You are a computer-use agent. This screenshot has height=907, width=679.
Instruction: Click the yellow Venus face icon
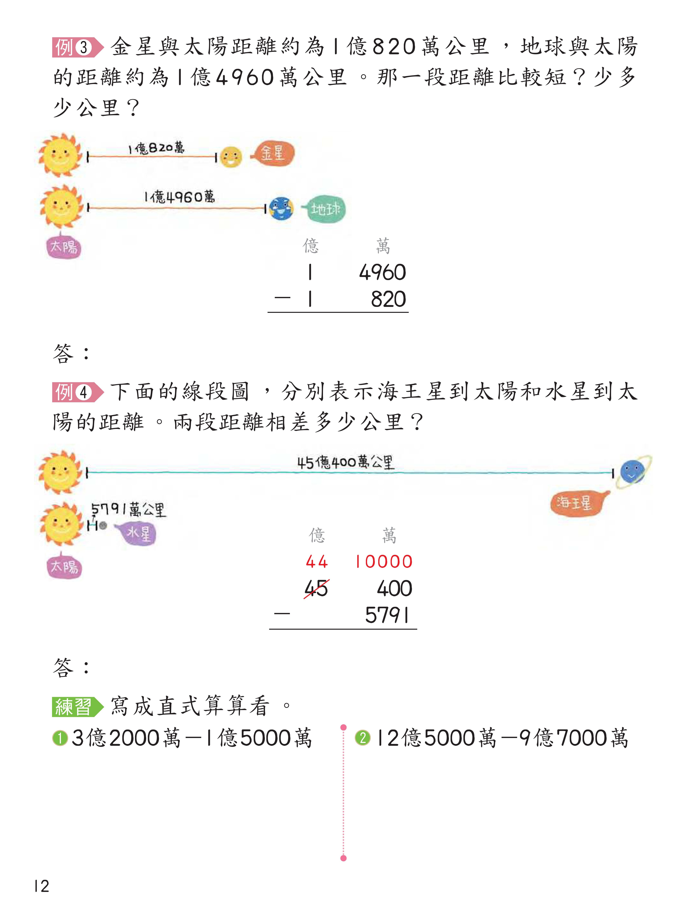[x=231, y=157]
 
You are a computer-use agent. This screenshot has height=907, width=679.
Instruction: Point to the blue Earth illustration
[x=281, y=209]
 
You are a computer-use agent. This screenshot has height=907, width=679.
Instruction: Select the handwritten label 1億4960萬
[x=179, y=197]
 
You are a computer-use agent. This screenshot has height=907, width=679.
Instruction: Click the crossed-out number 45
[x=316, y=589]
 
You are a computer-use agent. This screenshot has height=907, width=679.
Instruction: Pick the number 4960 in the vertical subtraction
[x=382, y=272]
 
